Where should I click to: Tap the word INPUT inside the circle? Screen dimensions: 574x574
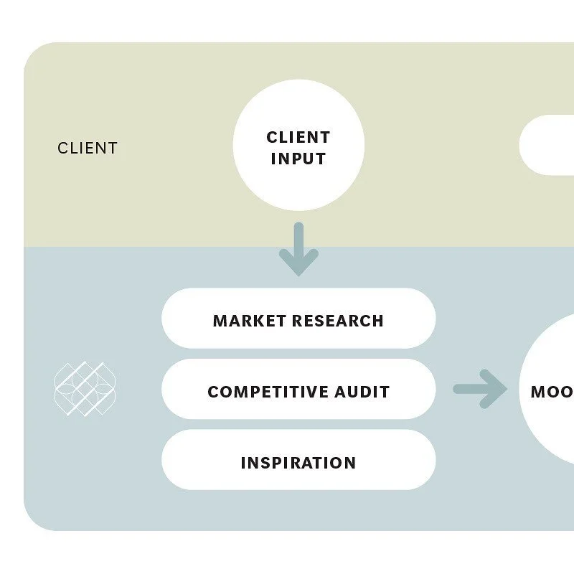[x=298, y=159]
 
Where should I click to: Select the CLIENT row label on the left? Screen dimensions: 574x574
[x=88, y=149]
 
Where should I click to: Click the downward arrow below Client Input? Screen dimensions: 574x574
[x=298, y=248]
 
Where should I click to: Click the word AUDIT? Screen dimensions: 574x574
[x=363, y=392]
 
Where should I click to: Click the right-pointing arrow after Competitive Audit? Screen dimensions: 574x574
[x=479, y=389]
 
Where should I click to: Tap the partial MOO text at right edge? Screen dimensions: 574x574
[x=552, y=392]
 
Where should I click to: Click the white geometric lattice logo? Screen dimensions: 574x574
[x=85, y=389]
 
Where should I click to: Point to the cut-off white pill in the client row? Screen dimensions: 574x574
[x=549, y=145]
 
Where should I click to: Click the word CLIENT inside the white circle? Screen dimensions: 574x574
[x=298, y=137]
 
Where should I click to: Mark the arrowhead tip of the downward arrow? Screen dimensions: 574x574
[x=298, y=273]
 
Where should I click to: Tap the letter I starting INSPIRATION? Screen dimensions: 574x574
[x=244, y=463]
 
